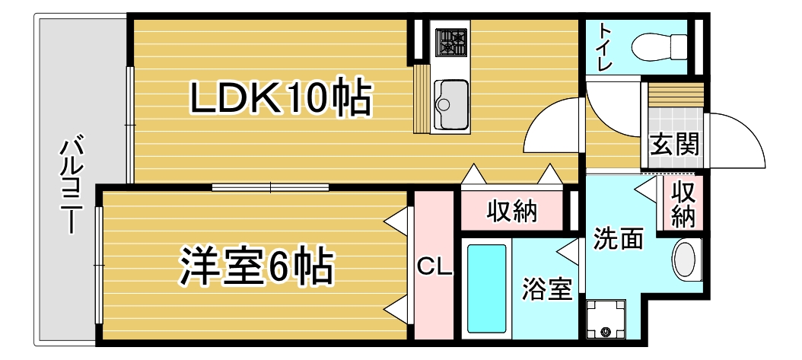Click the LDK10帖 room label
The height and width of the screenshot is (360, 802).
click(x=281, y=99)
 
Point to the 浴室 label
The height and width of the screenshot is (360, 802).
click(x=546, y=289)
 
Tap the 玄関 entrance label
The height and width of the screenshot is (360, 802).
click(x=674, y=144)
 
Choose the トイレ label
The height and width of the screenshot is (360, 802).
click(x=606, y=47)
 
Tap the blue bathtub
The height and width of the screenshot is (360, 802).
click(x=485, y=288)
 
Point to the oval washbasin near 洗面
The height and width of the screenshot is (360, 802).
click(x=687, y=260)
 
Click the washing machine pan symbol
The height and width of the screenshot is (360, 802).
click(x=606, y=319)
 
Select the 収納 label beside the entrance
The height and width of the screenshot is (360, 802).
click(x=683, y=203)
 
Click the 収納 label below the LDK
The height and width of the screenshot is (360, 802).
click(x=512, y=211)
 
